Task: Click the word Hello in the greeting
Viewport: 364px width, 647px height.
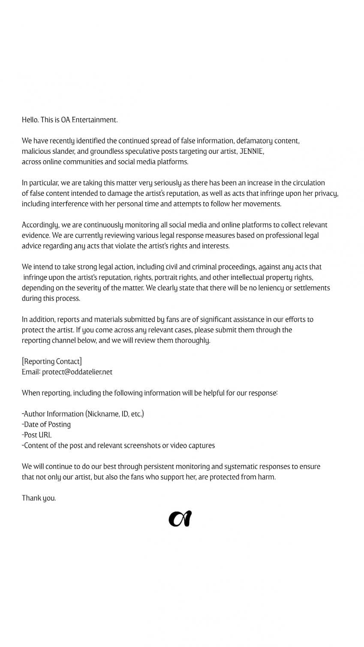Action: [x=30, y=120]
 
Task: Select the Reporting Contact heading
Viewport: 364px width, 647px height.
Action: [x=52, y=362]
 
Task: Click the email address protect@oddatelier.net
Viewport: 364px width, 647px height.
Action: [x=77, y=372]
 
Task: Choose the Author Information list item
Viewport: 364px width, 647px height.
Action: [x=83, y=414]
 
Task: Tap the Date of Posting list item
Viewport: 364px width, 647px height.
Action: [x=46, y=425]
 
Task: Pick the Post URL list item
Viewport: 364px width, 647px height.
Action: [x=37, y=435]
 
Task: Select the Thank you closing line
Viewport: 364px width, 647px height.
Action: [x=39, y=498]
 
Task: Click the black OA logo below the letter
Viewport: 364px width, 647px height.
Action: [x=180, y=519]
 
